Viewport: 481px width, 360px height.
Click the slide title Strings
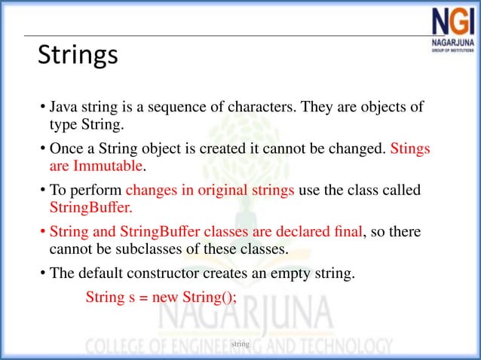coord(78,55)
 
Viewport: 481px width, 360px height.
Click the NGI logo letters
coord(455,23)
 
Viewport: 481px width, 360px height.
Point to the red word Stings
coord(410,148)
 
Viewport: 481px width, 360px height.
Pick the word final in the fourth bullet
coord(345,231)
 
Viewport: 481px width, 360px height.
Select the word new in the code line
coord(165,297)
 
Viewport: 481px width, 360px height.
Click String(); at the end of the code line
coord(209,297)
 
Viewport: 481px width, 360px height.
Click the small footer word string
coord(240,344)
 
